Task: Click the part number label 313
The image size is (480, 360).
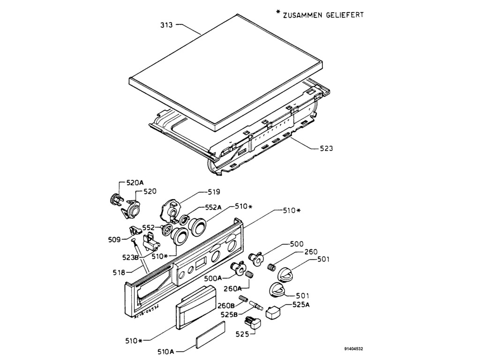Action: pos(166,25)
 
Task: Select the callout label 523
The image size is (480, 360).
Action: pos(326,149)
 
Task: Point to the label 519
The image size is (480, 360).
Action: pos(214,192)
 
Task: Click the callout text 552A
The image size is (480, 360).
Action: pos(213,207)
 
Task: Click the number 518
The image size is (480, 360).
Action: pos(119,272)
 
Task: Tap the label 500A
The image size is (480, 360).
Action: pos(213,278)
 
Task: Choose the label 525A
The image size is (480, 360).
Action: pos(300,305)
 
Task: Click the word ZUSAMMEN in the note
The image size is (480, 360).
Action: pos(301,15)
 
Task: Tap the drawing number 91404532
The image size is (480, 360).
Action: pos(353,349)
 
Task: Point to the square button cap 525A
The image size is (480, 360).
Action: pos(272,312)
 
